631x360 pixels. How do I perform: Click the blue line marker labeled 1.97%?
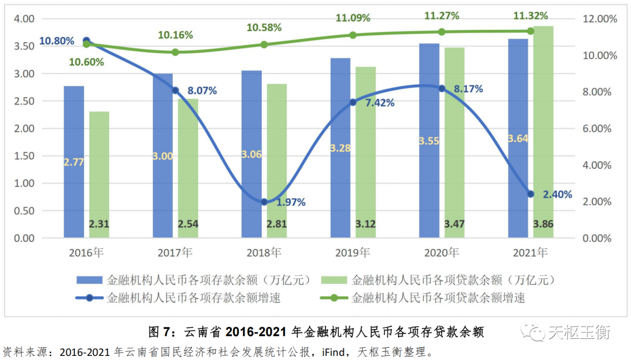[264, 202]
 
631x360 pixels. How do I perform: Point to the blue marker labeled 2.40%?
[531, 194]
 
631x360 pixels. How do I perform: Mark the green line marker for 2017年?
[175, 52]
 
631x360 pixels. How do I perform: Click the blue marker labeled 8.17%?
[442, 88]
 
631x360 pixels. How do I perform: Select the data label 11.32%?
[531, 16]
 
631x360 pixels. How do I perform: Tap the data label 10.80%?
[57, 41]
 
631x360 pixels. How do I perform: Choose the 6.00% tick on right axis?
[599, 129]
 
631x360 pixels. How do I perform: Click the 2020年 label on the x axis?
[442, 253]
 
